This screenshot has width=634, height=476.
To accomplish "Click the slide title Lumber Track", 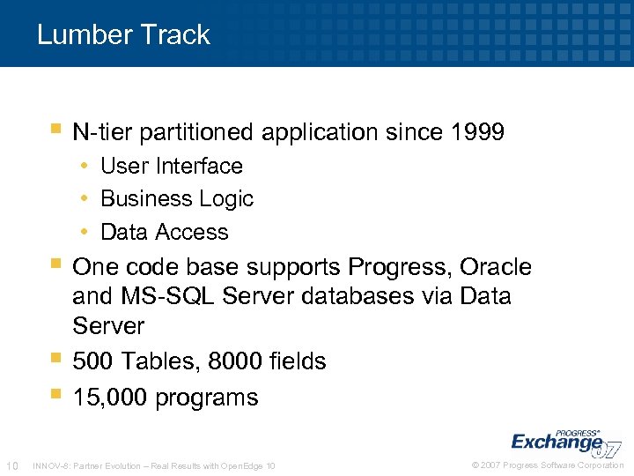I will tap(123, 35).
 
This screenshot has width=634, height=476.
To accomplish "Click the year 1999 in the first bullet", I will tap(476, 133).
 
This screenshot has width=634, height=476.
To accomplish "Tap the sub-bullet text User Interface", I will tap(172, 166).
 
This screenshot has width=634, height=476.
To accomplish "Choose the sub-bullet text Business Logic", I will tap(177, 199).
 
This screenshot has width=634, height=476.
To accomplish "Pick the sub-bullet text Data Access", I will tap(165, 233).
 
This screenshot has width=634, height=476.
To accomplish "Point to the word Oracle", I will tap(497, 267).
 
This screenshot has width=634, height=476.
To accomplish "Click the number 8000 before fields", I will tap(230, 361).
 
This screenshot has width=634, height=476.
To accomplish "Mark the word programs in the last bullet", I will tap(207, 398).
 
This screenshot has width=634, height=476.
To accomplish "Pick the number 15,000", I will tap(110, 398).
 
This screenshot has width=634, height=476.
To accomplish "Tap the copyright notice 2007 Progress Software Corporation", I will tap(548, 465).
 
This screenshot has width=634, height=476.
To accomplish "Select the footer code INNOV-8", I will tap(49, 465).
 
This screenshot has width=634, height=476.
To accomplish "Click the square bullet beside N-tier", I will tap(55, 130).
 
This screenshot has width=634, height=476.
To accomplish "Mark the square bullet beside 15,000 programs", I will tap(55, 394).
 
